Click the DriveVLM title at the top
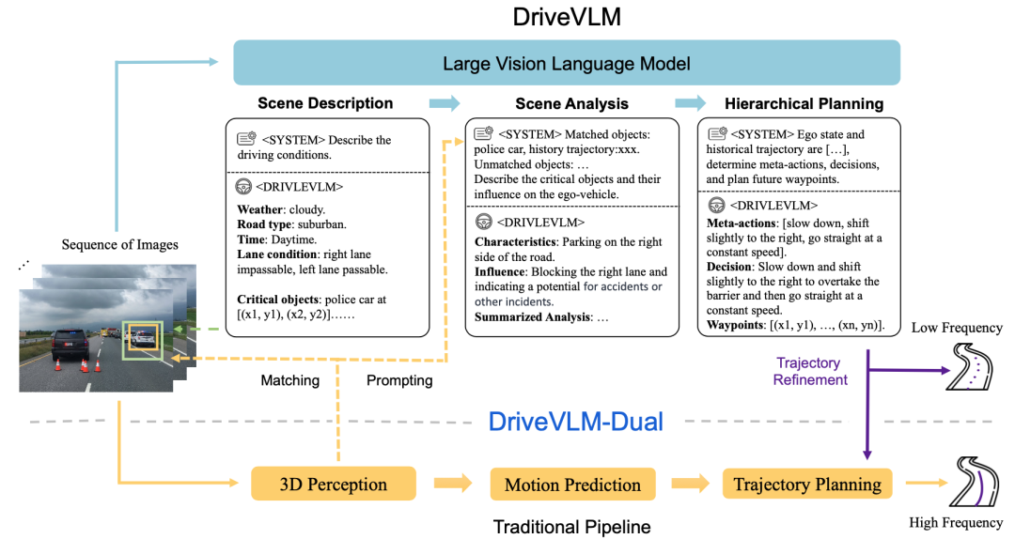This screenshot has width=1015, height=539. (566, 17)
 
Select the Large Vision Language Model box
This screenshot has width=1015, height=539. (567, 63)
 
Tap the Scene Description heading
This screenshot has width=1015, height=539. (325, 103)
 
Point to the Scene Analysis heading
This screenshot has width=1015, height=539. (571, 103)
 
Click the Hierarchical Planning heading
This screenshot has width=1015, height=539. (804, 103)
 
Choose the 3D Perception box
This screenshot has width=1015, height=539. (333, 485)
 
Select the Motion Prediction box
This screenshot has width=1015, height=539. (572, 485)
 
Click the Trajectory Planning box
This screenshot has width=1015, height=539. (807, 485)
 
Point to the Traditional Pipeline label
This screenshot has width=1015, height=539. (571, 527)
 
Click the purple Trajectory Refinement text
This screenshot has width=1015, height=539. (809, 371)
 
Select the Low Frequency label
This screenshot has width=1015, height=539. (956, 328)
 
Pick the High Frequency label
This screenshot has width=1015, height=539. (955, 522)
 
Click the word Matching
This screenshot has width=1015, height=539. (289, 380)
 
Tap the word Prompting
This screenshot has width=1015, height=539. (398, 380)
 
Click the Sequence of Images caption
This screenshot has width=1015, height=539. (119, 245)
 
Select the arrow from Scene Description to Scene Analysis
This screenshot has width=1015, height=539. (445, 103)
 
